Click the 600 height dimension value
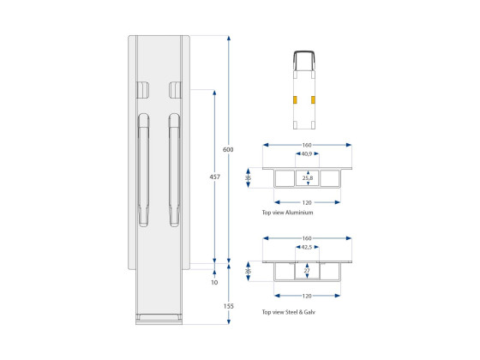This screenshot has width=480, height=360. (228, 149)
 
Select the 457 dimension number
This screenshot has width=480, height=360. (214, 177)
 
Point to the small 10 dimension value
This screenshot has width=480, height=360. (214, 281)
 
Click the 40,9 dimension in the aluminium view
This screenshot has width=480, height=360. (307, 154)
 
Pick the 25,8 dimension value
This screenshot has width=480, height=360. (307, 178)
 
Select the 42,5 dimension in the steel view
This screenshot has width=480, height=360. (307, 247)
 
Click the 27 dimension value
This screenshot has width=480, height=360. (307, 271)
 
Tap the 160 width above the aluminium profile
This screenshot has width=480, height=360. (307, 144)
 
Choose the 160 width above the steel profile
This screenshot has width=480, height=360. (307, 237)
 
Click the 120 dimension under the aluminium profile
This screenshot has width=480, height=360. (307, 202)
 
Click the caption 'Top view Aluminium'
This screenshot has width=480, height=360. (288, 212)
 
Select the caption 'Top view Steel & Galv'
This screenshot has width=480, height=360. (293, 312)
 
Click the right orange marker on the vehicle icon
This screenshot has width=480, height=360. (317, 99)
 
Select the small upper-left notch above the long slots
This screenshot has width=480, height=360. (142, 89)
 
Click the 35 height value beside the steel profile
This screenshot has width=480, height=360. (249, 271)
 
